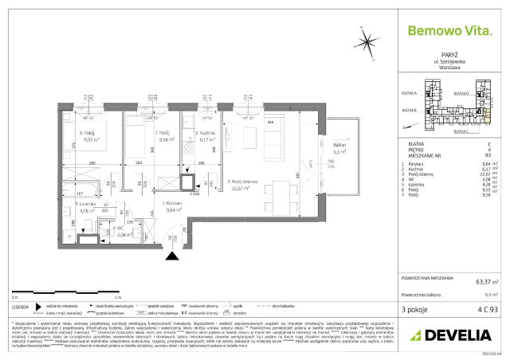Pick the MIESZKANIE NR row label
coord(422,155)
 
